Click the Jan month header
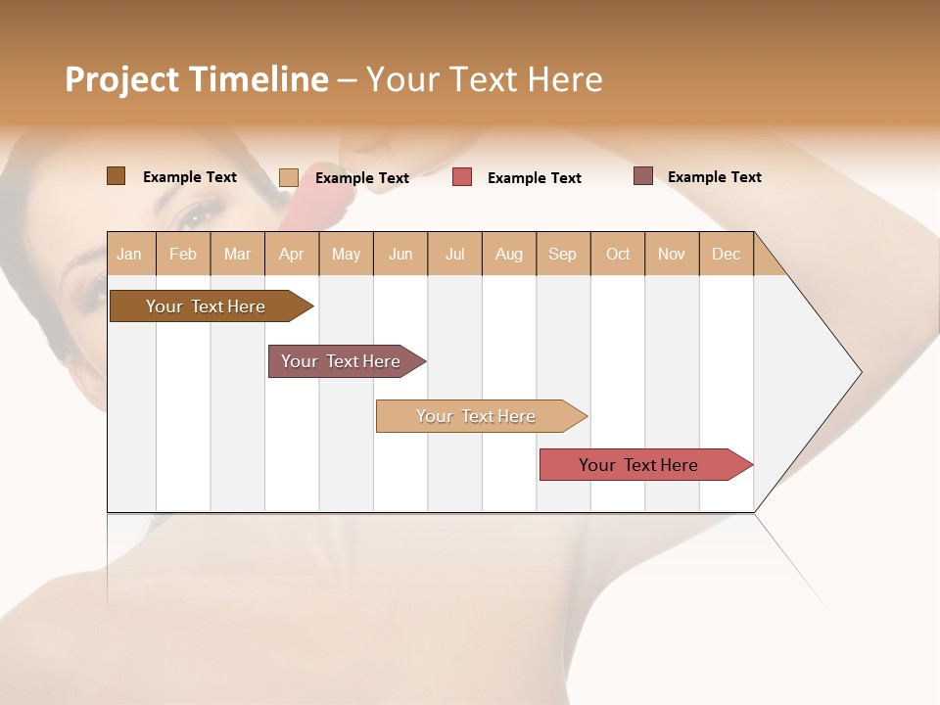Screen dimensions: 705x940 point(129,254)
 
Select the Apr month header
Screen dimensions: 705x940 point(291,254)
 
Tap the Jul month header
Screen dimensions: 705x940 point(454,254)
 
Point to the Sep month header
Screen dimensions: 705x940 point(562,254)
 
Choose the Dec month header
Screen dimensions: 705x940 point(726,254)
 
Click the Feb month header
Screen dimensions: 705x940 point(183,254)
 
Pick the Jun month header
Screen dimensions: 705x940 point(400,254)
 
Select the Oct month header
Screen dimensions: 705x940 point(618,254)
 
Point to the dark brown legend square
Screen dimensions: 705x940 point(116,176)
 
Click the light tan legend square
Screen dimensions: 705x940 point(288,177)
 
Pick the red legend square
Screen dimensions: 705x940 point(462,177)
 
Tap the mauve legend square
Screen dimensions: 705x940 point(642,176)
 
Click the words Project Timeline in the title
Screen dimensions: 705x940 point(196,79)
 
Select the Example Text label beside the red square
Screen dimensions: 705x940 point(534,178)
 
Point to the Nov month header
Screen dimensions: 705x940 point(671,254)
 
